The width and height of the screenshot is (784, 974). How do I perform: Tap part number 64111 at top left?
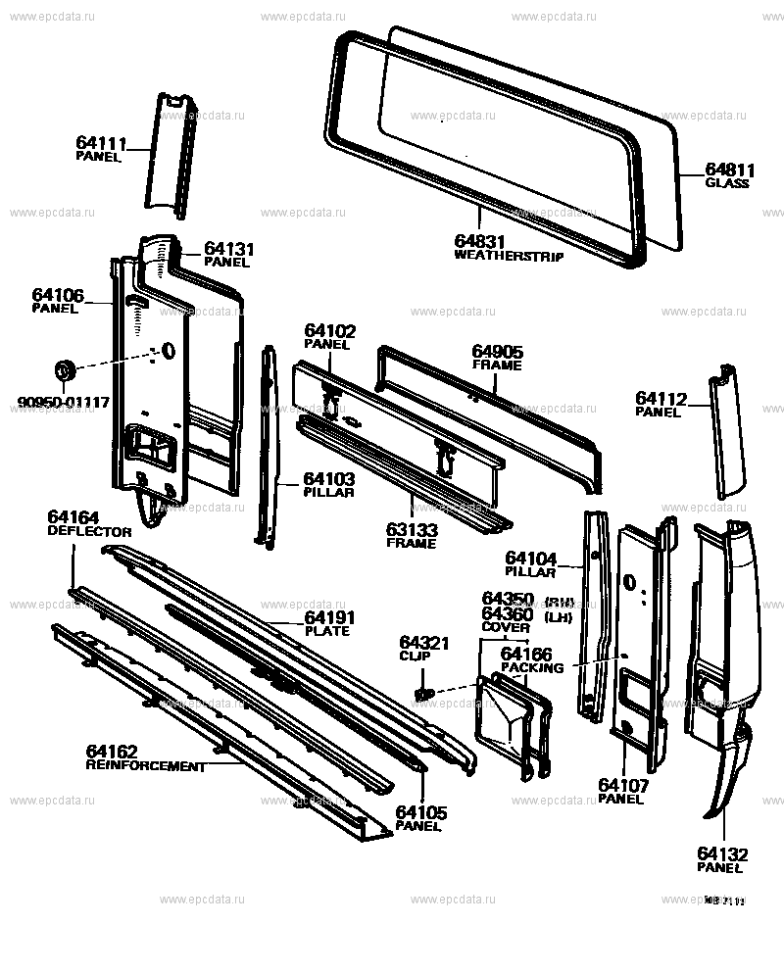pyautogui.click(x=99, y=143)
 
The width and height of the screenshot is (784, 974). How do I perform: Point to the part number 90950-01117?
pyautogui.click(x=64, y=402)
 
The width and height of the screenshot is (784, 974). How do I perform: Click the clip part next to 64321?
pyautogui.click(x=424, y=693)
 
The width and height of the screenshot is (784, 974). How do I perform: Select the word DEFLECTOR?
pyautogui.click(x=89, y=531)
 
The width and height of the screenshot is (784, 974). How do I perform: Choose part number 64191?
pyautogui.click(x=329, y=617)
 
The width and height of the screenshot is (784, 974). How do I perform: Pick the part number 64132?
pyautogui.click(x=719, y=853)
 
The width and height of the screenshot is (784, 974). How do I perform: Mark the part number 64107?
pyautogui.click(x=620, y=785)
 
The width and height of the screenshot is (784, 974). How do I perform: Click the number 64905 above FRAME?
pyautogui.click(x=497, y=351)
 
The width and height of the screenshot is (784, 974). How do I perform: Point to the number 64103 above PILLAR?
pyautogui.click(x=328, y=478)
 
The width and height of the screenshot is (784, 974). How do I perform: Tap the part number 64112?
pyautogui.click(x=661, y=398)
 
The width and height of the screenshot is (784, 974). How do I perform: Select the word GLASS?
pyautogui.click(x=726, y=182)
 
